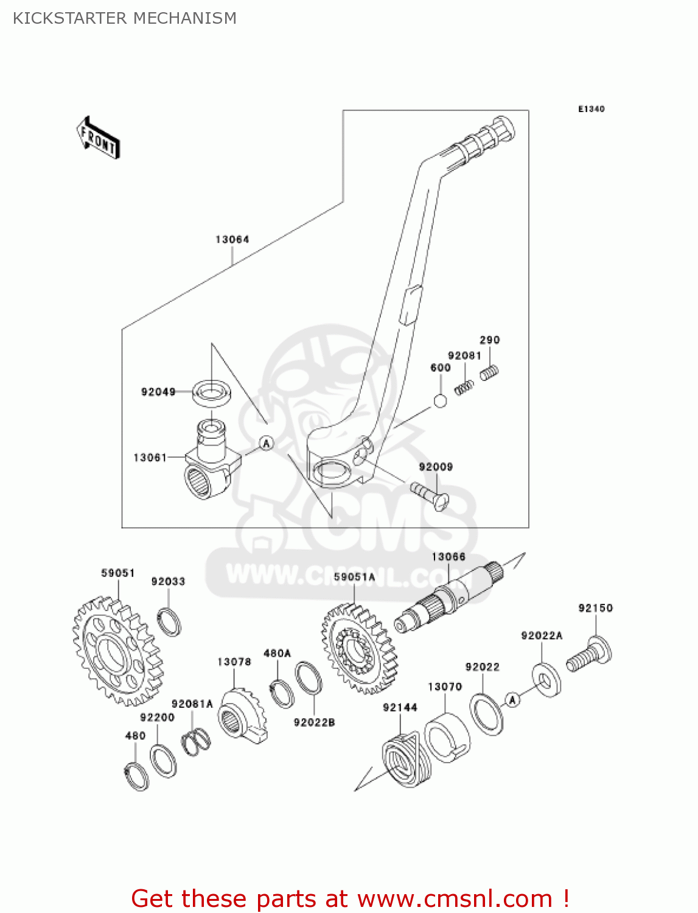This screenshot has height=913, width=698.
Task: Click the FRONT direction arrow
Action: (x=98, y=138)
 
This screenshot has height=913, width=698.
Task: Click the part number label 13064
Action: (x=232, y=240)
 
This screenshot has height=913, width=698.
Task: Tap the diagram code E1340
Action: (x=591, y=109)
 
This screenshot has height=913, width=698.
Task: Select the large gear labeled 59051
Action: (x=117, y=652)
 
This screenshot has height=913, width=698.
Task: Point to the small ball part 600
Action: (x=440, y=401)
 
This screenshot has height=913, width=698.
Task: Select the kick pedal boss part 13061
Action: (x=207, y=463)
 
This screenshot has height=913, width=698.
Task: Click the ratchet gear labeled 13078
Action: (x=242, y=716)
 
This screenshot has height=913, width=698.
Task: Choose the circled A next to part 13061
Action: (x=267, y=444)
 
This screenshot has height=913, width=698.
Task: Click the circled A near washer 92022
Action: (x=512, y=700)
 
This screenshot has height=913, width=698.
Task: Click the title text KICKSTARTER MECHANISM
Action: (x=125, y=18)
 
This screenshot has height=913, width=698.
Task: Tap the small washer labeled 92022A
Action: (x=546, y=679)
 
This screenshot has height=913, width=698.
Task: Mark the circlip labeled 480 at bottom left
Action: (x=137, y=775)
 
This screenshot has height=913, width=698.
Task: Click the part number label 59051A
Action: (x=354, y=576)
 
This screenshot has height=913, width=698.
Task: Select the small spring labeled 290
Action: (x=490, y=372)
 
